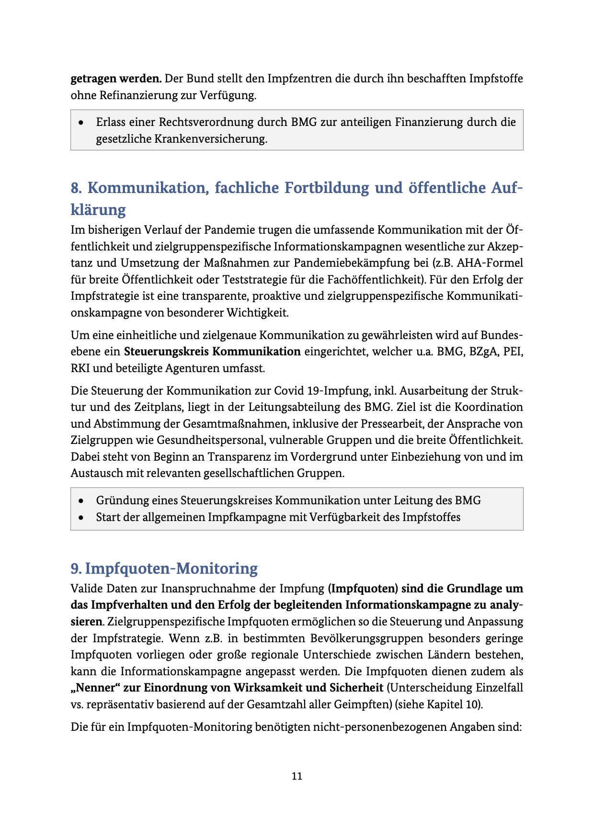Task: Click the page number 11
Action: click(x=297, y=776)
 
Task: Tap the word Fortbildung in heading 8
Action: click(x=327, y=188)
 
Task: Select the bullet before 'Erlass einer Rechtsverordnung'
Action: click(x=82, y=123)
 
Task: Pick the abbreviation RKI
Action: click(x=80, y=368)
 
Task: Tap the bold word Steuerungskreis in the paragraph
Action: click(x=166, y=352)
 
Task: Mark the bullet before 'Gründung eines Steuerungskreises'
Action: click(x=82, y=501)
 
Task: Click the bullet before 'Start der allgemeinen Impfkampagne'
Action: click(x=82, y=518)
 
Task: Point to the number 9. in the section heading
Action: click(x=77, y=568)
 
